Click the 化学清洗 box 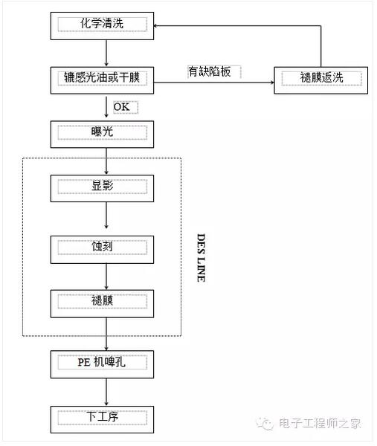(x=102, y=26)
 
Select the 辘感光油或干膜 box (x=102, y=80)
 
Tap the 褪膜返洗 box (x=321, y=80)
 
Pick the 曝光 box (x=102, y=135)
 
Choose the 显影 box (x=102, y=188)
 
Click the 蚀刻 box (x=102, y=250)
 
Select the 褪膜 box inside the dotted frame (x=102, y=303)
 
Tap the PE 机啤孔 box (x=102, y=364)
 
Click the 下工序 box (x=102, y=419)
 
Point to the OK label (x=122, y=107)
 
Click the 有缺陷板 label (x=210, y=71)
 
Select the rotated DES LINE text (x=202, y=258)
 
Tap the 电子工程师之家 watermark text (x=320, y=423)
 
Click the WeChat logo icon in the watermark (x=265, y=424)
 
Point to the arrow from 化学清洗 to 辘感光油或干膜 (x=106, y=54)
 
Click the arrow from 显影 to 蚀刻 (x=106, y=216)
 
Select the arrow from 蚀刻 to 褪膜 (x=106, y=277)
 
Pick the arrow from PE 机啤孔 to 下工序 (x=106, y=392)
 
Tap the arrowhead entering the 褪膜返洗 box (x=272, y=83)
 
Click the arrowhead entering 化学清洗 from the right (x=155, y=26)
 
